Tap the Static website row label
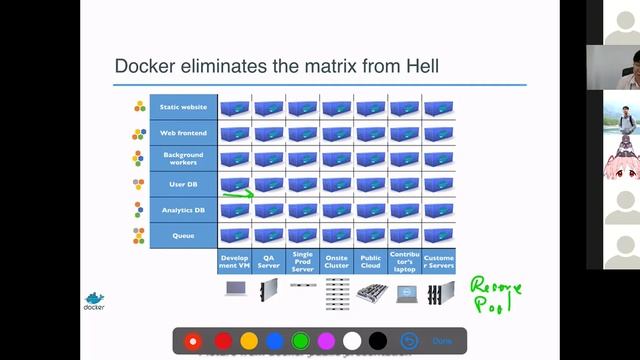(x=183, y=107)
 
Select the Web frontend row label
(x=183, y=133)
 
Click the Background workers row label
(x=183, y=158)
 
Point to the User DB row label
(x=183, y=184)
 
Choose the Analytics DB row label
(x=183, y=210)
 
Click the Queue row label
(x=183, y=236)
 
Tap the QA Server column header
(x=269, y=261)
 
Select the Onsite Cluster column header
(x=337, y=261)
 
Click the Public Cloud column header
(x=371, y=261)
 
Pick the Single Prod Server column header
(x=303, y=261)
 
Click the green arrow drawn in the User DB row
(x=237, y=194)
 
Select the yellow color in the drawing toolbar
(x=249, y=341)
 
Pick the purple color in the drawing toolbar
(x=326, y=341)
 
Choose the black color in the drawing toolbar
(x=377, y=341)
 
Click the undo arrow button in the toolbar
(x=408, y=341)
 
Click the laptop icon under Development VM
(x=236, y=290)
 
